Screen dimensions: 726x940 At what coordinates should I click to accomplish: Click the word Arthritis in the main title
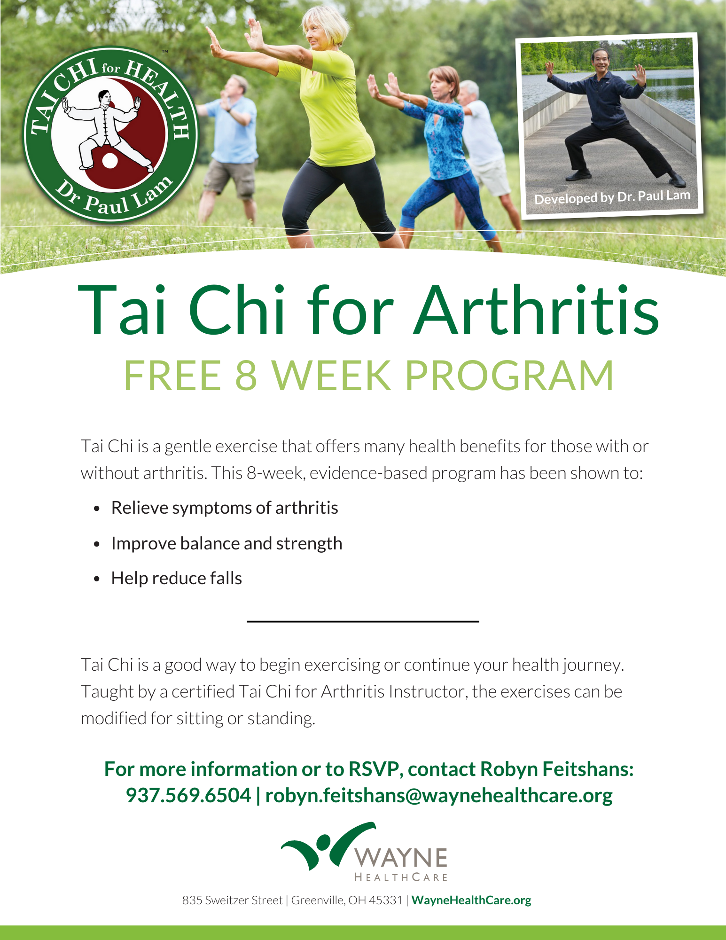coord(537,311)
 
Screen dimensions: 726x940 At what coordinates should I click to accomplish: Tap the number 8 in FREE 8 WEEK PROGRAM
coord(246,375)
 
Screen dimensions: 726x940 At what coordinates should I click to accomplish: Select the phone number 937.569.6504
coord(188,795)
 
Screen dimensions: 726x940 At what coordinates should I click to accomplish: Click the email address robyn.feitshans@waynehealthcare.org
coord(439,796)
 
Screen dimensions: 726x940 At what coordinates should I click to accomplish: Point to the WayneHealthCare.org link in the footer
coord(471,900)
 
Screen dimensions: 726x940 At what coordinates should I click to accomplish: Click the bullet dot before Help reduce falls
coord(97,579)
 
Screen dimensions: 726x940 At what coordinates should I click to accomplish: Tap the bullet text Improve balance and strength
coord(226,544)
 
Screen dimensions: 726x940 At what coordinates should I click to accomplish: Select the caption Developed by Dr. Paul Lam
coord(612,197)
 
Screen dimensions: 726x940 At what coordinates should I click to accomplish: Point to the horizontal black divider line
coord(363,621)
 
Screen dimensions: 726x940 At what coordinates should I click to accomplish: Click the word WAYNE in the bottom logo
coord(401,858)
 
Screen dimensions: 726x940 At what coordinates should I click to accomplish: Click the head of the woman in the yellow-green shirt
coord(323,28)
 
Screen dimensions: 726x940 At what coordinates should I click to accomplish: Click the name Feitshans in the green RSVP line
coord(588,769)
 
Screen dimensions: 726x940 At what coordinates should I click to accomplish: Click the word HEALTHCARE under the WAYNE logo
coord(401,877)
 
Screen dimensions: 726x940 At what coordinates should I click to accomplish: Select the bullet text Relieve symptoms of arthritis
coord(225,508)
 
